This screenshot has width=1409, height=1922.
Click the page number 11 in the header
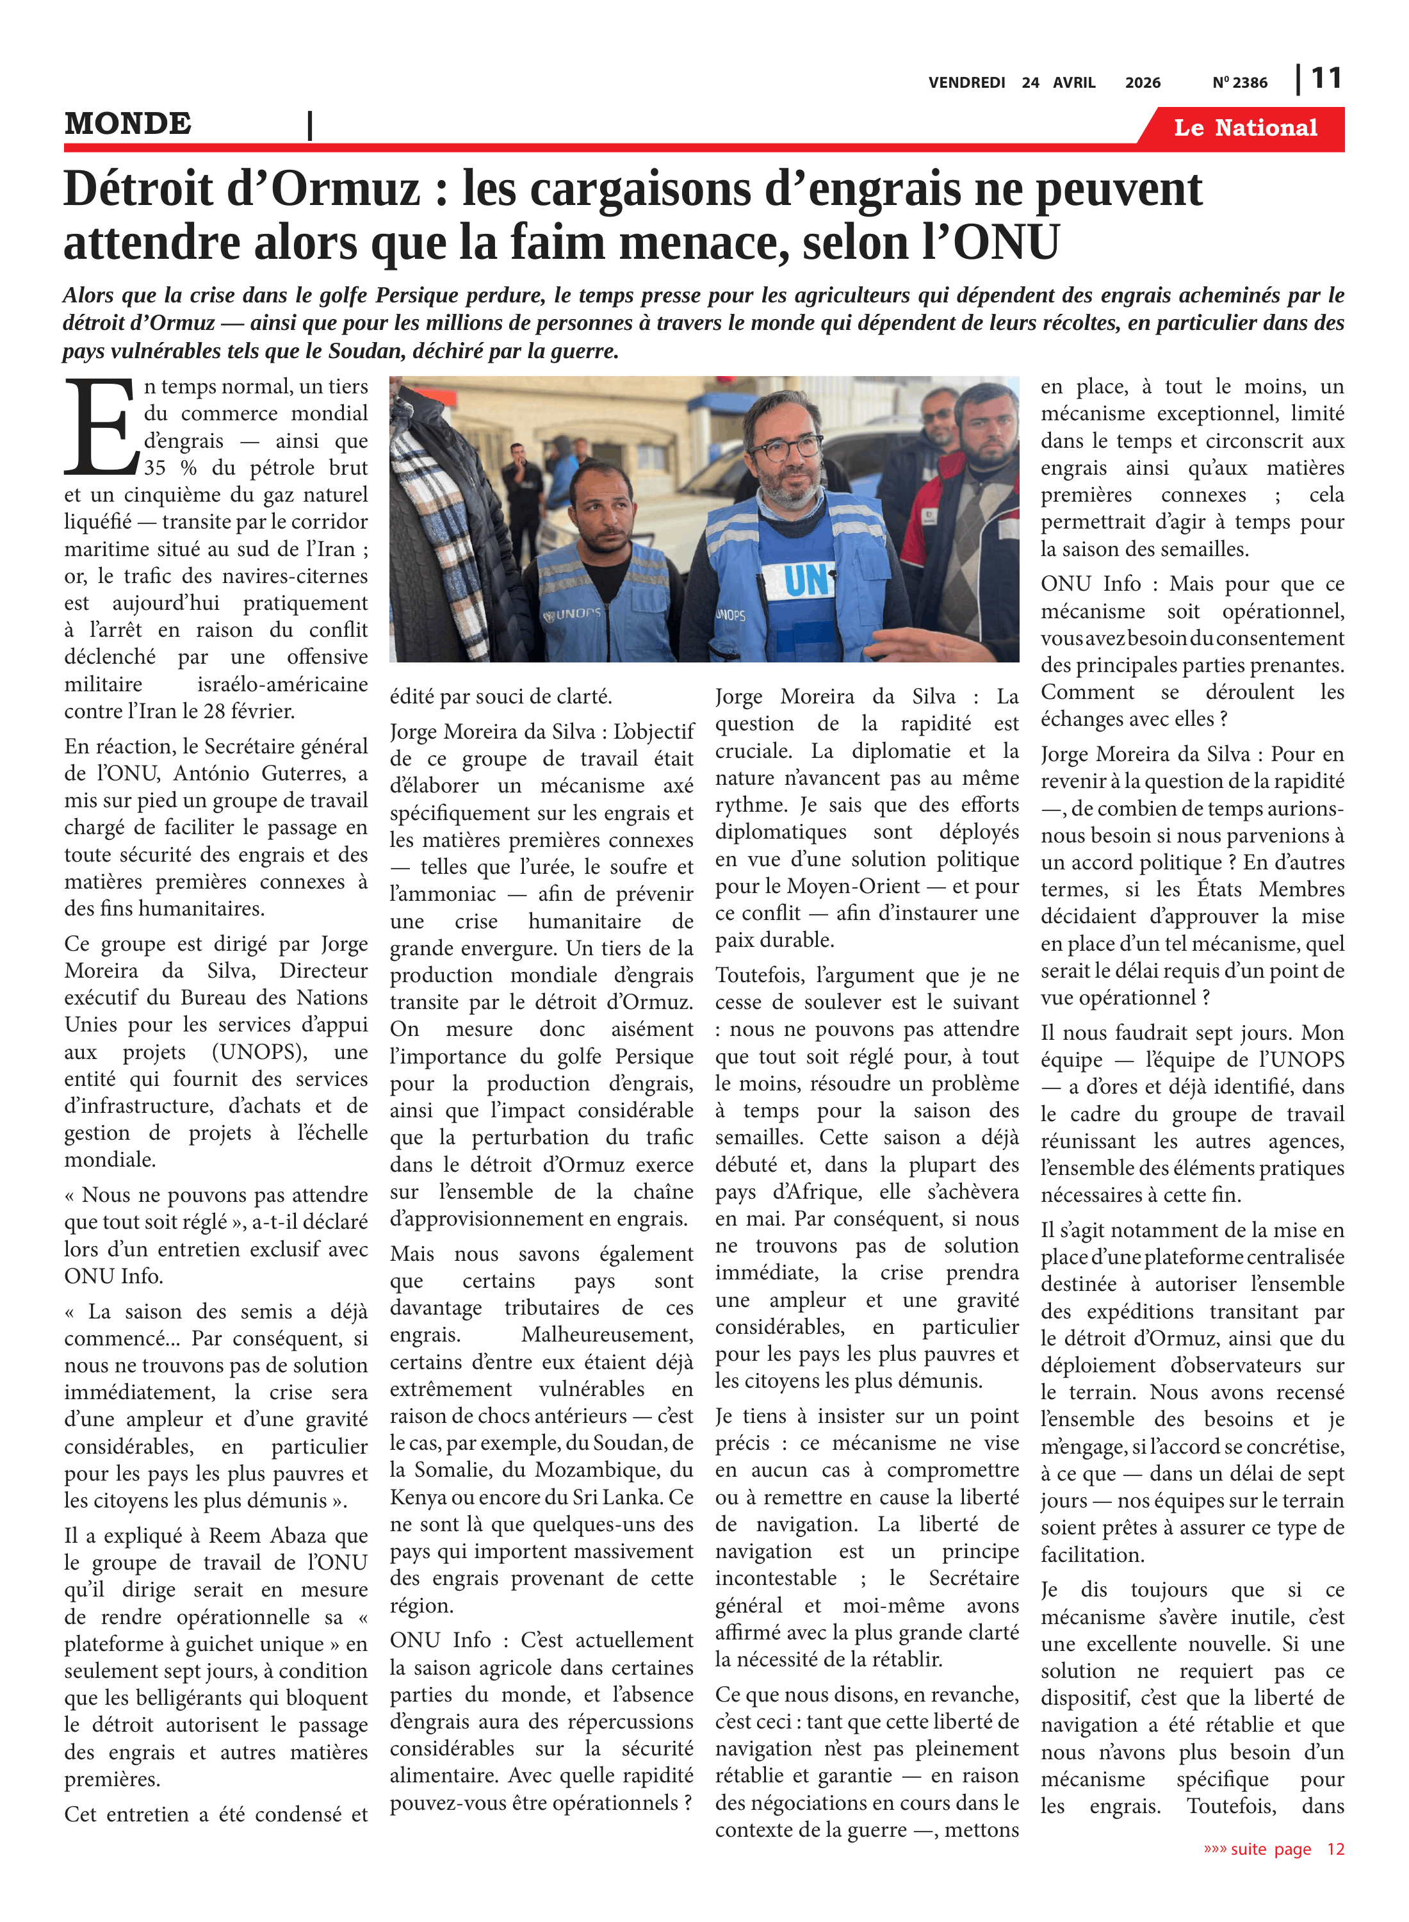click(1326, 79)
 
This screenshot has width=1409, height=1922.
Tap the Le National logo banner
click(1244, 128)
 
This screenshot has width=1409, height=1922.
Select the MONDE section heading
click(128, 124)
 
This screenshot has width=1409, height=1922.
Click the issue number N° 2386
click(1239, 83)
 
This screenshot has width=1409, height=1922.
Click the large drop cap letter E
click(101, 427)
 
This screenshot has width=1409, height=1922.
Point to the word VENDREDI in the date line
click(966, 83)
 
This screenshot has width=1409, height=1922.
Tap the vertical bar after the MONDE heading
click(309, 126)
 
